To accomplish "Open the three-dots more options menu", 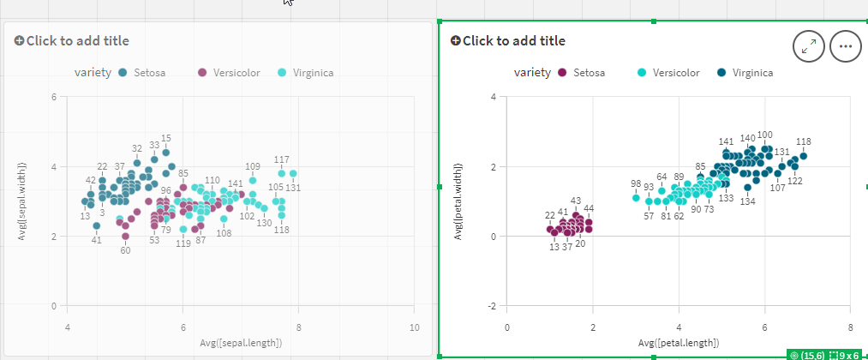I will [845, 46].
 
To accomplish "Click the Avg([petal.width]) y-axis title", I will [459, 201].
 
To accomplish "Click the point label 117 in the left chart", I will [281, 159].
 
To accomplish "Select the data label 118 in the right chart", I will [803, 142].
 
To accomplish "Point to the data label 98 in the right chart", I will [636, 183].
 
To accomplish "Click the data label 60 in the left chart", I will [125, 250].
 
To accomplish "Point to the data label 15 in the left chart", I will [166, 138].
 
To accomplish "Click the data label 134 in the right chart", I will [747, 201].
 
